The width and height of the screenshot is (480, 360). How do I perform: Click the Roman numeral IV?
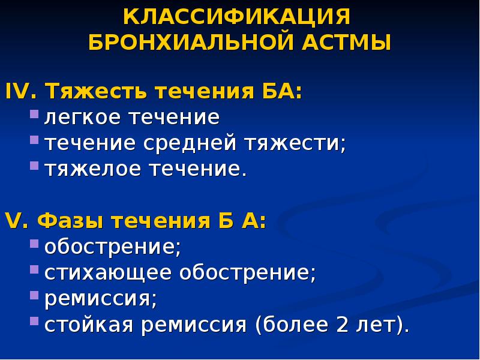(x=22, y=92)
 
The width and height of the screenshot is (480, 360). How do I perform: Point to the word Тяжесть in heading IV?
(x=97, y=92)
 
